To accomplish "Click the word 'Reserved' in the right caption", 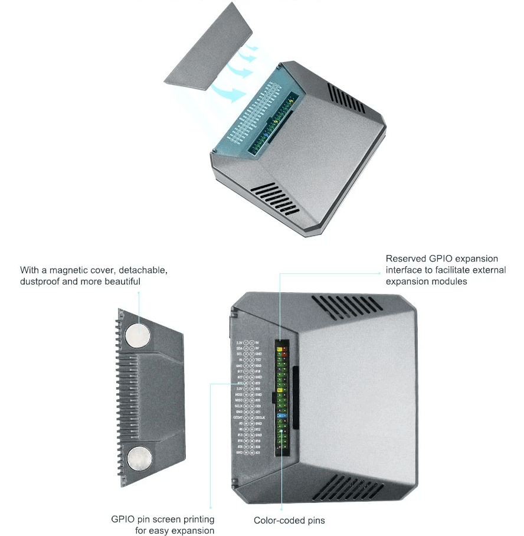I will coord(406,259).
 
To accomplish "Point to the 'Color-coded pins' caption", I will coord(289,520).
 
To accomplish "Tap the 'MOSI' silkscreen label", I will coord(238,394).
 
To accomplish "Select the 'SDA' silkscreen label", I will coord(239,348).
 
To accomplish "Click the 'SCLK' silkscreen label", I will coord(238,406).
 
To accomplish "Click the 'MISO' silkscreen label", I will coord(238,400).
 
